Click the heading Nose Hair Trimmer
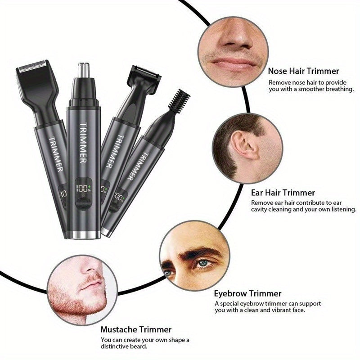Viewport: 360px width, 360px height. tap(304, 71)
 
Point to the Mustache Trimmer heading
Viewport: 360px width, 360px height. tap(136, 329)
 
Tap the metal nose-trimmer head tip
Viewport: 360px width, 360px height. tap(82, 69)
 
